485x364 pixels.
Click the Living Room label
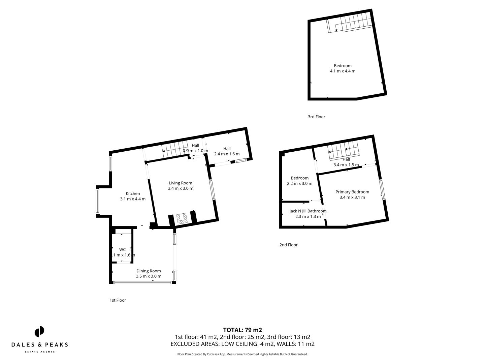click(181, 183)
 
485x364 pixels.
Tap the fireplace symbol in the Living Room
click(182, 218)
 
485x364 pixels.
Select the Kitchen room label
click(133, 193)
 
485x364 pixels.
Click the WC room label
click(122, 250)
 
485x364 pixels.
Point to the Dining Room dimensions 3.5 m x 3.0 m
click(149, 276)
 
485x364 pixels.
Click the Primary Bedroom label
click(352, 192)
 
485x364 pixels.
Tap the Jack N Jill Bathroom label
click(308, 211)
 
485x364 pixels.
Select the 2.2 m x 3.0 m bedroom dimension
click(299, 184)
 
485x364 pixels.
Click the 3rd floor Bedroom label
click(343, 66)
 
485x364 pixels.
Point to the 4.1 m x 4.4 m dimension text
click(343, 71)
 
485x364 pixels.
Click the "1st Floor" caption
click(118, 300)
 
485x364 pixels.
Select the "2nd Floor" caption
click(288, 245)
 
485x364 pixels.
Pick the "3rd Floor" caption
click(316, 117)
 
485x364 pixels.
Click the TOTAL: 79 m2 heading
click(243, 330)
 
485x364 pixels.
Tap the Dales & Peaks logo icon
click(39, 332)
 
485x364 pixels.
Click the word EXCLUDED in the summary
click(187, 344)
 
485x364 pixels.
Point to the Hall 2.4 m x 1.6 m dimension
click(227, 154)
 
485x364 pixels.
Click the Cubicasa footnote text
click(243, 354)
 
